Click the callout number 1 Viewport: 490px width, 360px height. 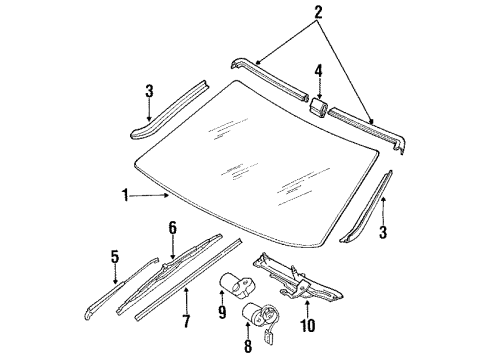click(125, 195)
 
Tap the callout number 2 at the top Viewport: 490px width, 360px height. click(318, 12)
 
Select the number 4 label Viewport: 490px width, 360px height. click(319, 71)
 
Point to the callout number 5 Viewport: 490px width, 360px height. click(115, 257)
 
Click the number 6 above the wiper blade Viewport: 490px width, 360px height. click(172, 228)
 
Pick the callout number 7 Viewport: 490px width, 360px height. click(186, 321)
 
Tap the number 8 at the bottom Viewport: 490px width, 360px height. click(248, 346)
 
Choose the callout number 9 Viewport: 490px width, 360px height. click(222, 312)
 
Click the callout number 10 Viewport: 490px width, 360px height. click(307, 325)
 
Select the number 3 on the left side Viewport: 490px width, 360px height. click(149, 91)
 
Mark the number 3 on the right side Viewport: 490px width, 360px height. click(383, 232)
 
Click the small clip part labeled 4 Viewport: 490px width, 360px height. click(319, 107)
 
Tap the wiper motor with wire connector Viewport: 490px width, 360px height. click(261, 317)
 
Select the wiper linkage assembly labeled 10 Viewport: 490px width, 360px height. click(297, 278)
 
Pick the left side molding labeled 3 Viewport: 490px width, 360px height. click(168, 109)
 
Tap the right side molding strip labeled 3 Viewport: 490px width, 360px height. click(367, 207)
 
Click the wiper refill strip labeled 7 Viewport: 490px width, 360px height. click(188, 279)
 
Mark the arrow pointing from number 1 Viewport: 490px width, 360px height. click(149, 196)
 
